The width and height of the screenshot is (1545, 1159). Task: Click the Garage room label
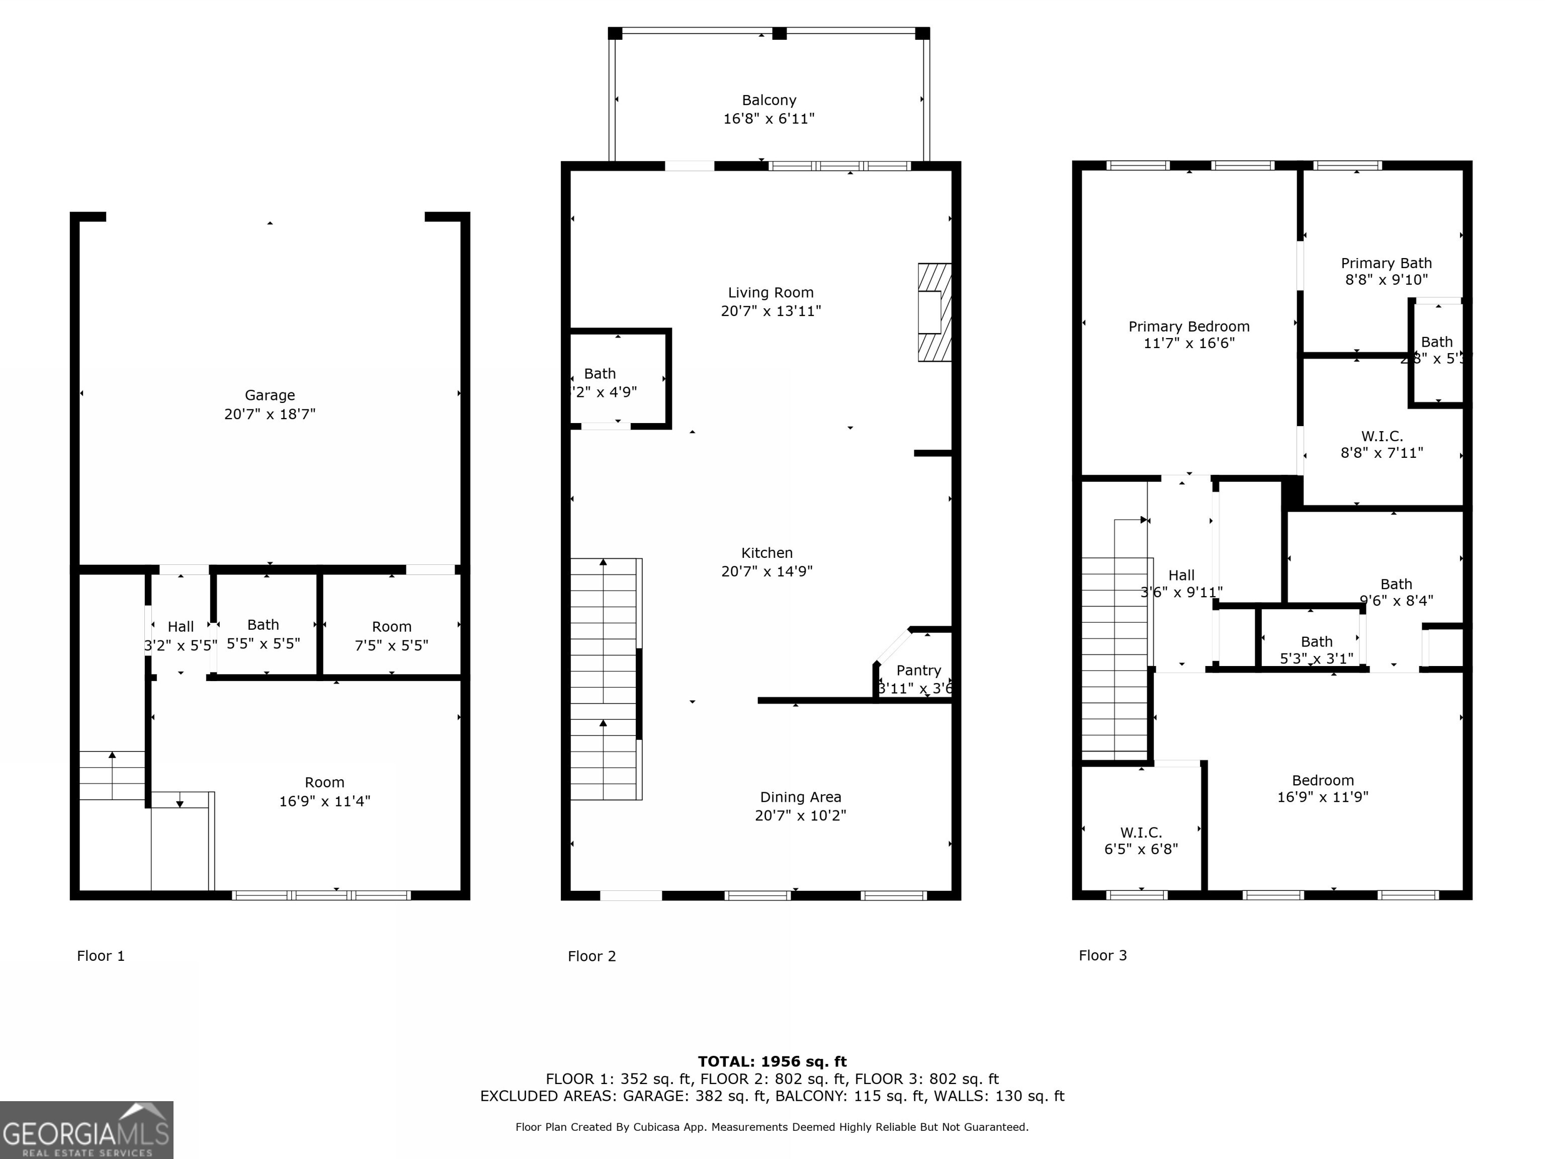270,395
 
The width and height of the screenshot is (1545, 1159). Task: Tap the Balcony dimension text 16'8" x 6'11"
769,119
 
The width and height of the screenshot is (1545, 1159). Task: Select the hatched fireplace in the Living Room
934,312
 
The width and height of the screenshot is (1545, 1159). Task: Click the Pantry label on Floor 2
918,671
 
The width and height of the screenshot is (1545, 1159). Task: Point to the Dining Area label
801,797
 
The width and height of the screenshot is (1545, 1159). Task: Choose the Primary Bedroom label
1189,327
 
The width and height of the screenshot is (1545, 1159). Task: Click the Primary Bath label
1386,264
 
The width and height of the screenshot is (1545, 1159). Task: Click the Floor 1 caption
101,956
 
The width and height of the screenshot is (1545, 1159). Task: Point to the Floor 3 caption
1102,955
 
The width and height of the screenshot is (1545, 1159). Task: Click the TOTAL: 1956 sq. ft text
772,1062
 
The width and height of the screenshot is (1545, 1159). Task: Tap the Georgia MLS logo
87,1130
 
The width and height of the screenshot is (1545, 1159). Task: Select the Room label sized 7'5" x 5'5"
391,627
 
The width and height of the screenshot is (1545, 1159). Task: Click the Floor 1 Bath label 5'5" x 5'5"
264,625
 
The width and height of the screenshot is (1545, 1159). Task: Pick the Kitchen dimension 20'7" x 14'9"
767,571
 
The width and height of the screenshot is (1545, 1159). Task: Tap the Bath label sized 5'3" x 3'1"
1316,642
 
